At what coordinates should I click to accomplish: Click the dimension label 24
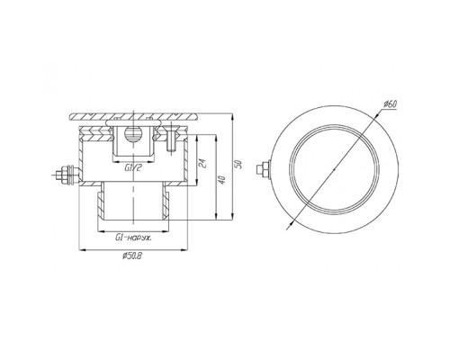point(203,164)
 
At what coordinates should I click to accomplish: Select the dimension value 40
point(222,180)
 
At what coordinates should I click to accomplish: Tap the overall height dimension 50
point(239,165)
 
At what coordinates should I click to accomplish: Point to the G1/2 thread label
point(132,168)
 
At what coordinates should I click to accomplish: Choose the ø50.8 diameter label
point(132,256)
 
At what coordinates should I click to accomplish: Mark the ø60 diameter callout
point(390,104)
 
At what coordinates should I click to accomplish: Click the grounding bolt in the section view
point(66,174)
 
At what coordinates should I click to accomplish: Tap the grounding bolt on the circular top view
point(264,169)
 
